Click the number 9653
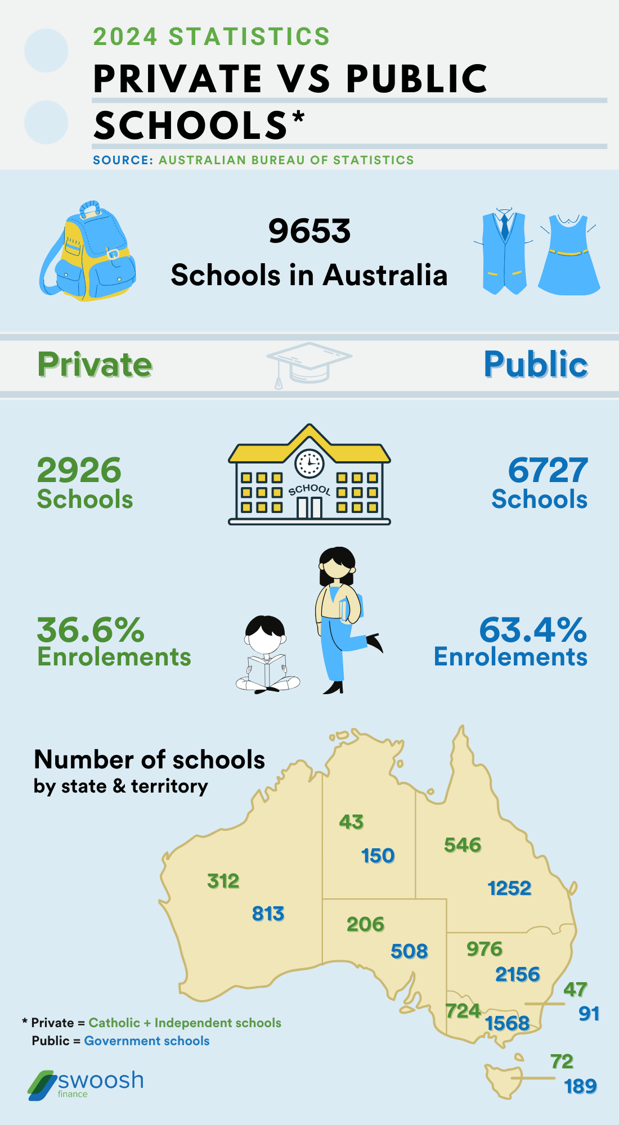coord(309,231)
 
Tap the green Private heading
coord(95,364)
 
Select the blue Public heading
coord(536,364)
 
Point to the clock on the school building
coord(309,463)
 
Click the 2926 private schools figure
coord(79,470)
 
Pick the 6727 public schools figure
coord(548,470)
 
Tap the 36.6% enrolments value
coord(91,629)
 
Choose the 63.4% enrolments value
coord(533,629)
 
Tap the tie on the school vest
coord(505,225)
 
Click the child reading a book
coord(267,655)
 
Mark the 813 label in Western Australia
coord(268,913)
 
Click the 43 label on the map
coord(351,822)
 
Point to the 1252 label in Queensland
coord(509,888)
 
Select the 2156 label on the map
coord(517,974)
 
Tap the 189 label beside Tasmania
coord(580,1086)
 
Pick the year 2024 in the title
coord(125,37)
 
